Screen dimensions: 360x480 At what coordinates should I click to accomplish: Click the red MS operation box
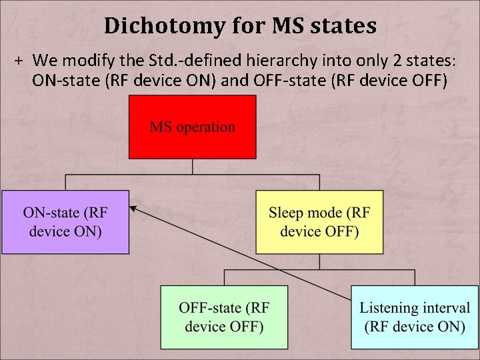(x=192, y=127)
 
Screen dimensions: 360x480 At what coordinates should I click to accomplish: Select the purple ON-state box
(x=65, y=222)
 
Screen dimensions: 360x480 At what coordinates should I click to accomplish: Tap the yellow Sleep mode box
(x=319, y=222)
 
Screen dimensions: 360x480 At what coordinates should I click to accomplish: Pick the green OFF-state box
(x=224, y=317)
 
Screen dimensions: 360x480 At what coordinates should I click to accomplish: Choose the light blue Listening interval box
(x=414, y=317)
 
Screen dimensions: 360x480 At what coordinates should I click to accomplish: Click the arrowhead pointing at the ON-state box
(x=133, y=209)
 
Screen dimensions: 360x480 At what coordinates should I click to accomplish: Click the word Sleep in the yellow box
(x=287, y=213)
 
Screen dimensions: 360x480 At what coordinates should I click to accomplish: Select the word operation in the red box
(x=209, y=127)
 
